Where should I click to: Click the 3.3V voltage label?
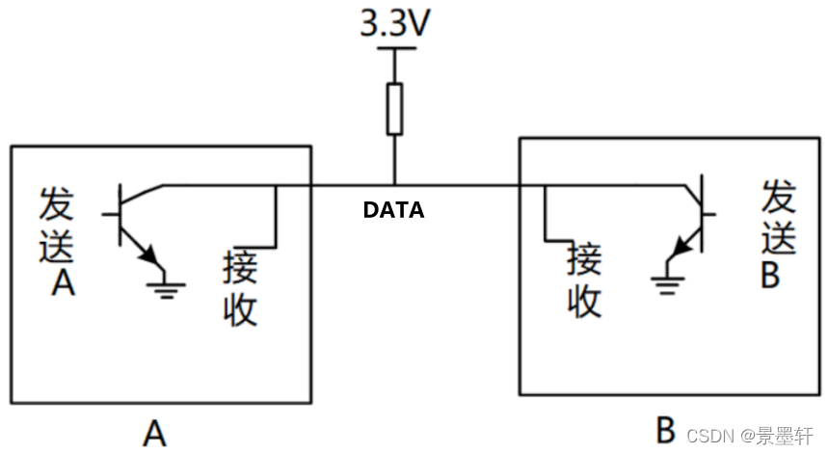point(394,23)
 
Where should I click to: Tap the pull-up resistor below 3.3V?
point(394,108)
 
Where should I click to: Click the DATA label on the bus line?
point(393,209)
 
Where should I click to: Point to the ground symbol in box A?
point(168,285)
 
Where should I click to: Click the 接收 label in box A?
point(240,288)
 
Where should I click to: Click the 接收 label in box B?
point(584,280)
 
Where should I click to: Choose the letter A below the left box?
point(154,433)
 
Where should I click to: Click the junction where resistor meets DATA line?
point(394,184)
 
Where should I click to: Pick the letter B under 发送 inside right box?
point(769,274)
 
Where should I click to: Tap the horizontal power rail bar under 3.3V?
point(394,47)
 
